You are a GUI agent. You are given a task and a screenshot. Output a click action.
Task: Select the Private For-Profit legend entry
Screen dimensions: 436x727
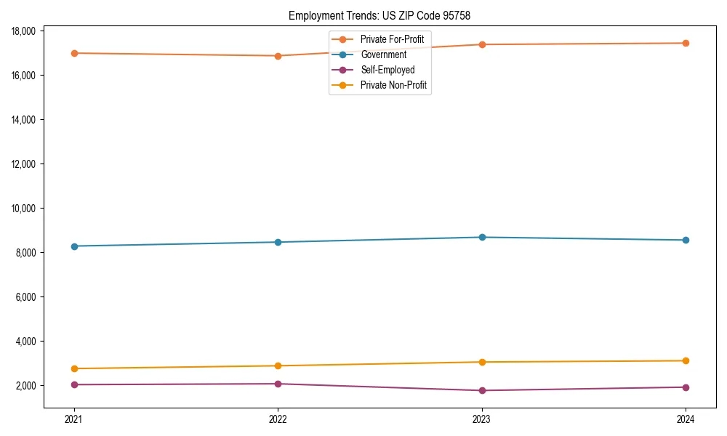[392, 39]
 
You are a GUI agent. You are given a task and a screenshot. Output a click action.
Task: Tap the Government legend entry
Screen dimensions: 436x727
[383, 54]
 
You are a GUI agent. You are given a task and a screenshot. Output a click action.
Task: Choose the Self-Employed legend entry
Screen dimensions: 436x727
[387, 70]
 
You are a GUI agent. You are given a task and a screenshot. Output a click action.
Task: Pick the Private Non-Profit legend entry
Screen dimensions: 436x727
[393, 86]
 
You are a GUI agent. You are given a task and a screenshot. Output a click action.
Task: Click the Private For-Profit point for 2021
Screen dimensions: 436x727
[74, 53]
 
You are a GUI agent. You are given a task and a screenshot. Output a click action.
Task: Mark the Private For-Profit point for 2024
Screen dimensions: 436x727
[686, 43]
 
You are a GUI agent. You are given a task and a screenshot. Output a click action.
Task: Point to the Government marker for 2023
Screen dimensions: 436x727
[482, 237]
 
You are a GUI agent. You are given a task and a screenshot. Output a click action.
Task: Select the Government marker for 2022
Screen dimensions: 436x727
[278, 242]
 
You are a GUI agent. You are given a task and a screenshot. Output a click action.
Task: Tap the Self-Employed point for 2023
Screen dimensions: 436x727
[482, 390]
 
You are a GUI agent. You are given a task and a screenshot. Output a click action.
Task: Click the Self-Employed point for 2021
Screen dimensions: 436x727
[74, 384]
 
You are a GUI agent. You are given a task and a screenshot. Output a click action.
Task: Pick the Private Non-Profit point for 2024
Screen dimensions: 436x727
[686, 360]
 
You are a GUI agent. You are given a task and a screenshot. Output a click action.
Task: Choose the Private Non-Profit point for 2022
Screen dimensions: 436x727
[278, 366]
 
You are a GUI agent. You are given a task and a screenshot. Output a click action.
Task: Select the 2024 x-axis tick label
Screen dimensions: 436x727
[686, 419]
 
